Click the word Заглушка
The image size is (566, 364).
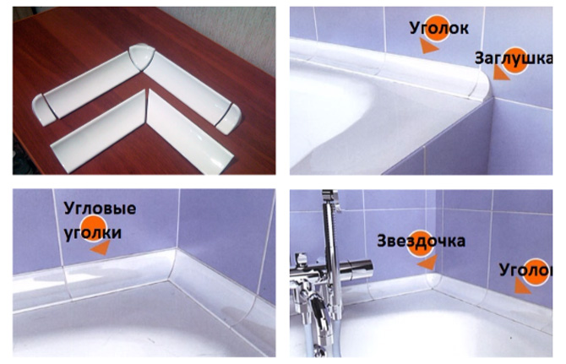click(514, 57)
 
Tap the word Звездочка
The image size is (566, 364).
click(421, 241)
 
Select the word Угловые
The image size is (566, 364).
click(100, 209)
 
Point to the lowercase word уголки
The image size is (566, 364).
click(93, 233)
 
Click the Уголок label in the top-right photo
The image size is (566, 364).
click(439, 28)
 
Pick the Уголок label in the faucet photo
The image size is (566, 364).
click(525, 270)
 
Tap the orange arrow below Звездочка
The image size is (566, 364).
click(427, 263)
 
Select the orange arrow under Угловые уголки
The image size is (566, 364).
click(101, 247)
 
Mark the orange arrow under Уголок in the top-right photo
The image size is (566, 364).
click(428, 46)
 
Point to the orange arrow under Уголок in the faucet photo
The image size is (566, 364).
click(521, 286)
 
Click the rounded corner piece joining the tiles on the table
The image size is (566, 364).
click(142, 56)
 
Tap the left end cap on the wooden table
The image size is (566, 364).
click(44, 110)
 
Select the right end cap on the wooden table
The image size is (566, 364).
click(229, 119)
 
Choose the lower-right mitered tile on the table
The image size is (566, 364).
click(190, 132)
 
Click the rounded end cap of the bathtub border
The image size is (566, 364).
click(480, 85)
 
